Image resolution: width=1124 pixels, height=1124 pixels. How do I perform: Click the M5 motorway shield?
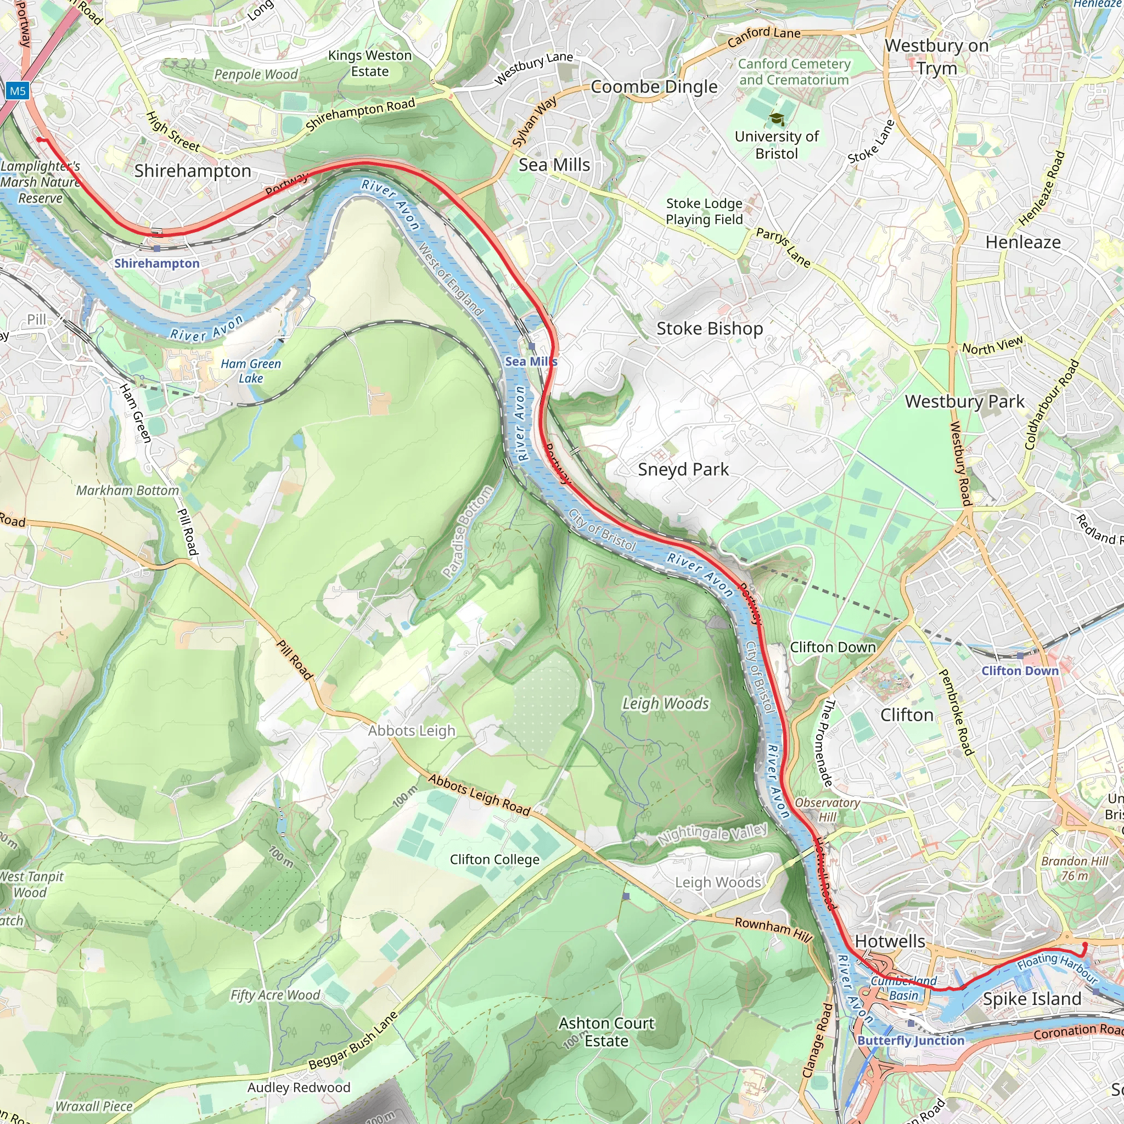click(18, 91)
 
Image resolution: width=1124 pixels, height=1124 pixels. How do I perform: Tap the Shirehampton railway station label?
click(156, 263)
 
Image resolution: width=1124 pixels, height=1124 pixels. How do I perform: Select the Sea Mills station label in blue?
click(531, 361)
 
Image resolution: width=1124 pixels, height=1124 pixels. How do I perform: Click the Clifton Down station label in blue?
click(1020, 671)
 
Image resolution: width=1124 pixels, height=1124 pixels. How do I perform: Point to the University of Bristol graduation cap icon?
click(777, 119)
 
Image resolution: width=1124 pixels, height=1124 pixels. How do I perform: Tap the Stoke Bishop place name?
click(709, 329)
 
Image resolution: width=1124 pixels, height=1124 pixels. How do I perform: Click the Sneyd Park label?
click(683, 469)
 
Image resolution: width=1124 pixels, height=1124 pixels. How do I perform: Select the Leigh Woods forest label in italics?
click(666, 704)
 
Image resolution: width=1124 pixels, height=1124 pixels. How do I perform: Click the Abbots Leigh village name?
click(411, 730)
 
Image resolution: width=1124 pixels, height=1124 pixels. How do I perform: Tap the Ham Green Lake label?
click(251, 371)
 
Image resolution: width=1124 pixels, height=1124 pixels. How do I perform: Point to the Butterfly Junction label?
click(911, 1041)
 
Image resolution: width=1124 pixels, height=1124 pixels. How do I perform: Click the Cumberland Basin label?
click(903, 988)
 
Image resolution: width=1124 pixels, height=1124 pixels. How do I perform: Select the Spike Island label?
click(1032, 999)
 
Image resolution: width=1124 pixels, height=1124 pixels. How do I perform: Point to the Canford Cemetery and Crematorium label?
click(794, 72)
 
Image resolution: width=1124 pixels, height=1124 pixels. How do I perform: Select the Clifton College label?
click(494, 860)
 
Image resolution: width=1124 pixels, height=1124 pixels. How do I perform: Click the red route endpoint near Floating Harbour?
click(1084, 945)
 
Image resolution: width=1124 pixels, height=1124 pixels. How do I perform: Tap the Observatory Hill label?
click(827, 810)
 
